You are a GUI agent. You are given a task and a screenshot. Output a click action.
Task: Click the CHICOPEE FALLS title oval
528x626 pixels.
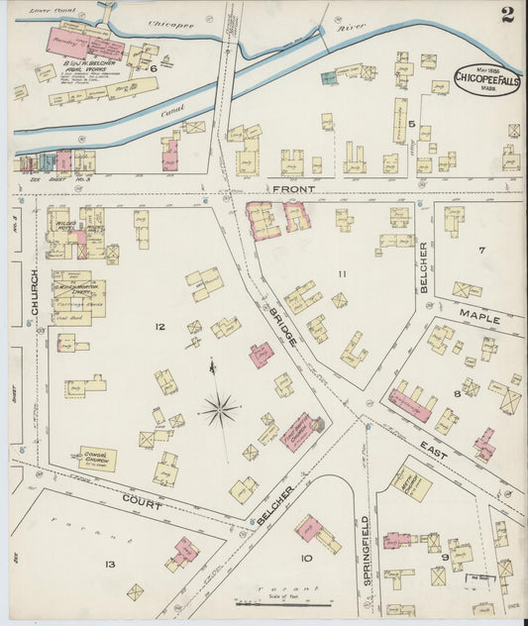click(477, 77)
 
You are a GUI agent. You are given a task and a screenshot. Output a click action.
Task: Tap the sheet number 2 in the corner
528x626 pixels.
click(507, 14)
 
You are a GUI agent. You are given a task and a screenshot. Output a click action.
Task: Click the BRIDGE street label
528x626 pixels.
click(281, 325)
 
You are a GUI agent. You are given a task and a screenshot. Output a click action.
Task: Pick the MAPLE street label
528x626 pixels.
click(478, 320)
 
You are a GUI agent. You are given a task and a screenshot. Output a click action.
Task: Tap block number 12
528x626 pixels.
click(158, 325)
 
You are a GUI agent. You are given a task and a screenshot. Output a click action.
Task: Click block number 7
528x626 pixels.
click(482, 250)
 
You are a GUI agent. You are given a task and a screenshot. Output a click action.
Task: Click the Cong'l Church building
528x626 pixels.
click(98, 459)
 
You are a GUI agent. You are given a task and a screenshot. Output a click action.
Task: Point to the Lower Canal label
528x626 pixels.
click(46, 10)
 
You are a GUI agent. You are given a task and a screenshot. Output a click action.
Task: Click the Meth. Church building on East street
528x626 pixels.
click(410, 482)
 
